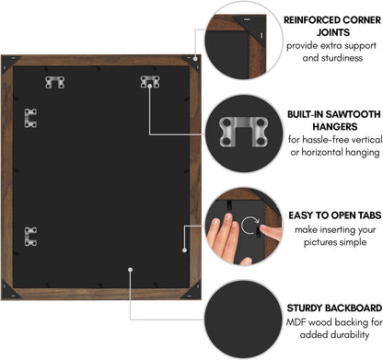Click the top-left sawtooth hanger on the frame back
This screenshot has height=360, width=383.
click(x=55, y=82)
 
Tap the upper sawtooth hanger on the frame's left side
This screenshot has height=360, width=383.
click(x=30, y=118)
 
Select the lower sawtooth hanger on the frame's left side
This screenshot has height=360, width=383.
click(x=30, y=237)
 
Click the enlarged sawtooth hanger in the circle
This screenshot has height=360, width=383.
click(x=244, y=132)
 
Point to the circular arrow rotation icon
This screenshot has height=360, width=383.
click(x=250, y=226)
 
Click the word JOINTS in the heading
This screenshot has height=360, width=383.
click(x=333, y=32)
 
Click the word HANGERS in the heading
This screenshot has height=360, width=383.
click(x=335, y=126)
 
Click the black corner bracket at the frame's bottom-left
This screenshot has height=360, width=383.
click(x=8, y=292)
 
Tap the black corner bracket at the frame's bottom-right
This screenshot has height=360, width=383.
click(x=193, y=292)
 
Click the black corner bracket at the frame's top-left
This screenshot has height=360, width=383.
click(x=8, y=63)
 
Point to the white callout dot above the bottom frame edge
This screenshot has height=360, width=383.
click(x=131, y=270)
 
